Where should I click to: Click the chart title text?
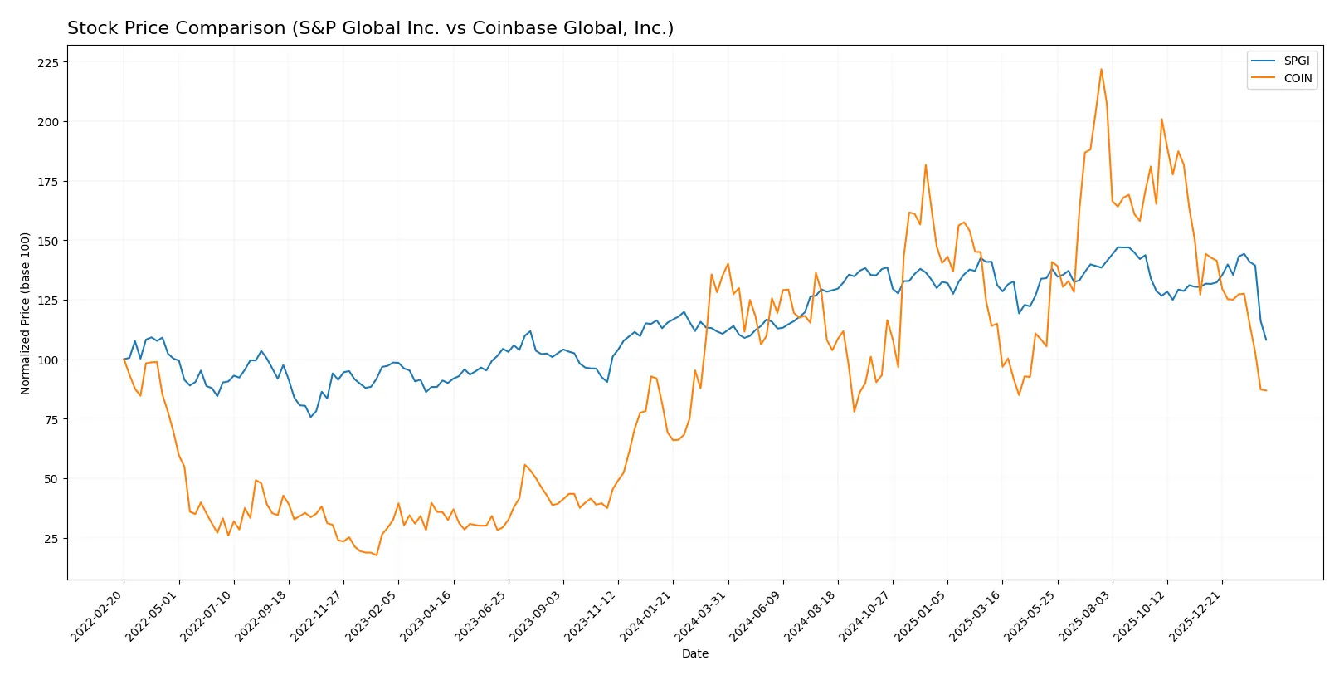[x=370, y=28]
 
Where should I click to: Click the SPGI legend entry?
[x=1296, y=61]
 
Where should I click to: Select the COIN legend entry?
[x=1298, y=78]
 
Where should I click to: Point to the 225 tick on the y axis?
[x=48, y=63]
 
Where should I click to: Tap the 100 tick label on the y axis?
[x=48, y=360]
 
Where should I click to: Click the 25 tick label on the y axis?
[x=51, y=539]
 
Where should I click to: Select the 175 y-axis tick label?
[x=48, y=182]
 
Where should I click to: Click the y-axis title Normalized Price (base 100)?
[x=26, y=313]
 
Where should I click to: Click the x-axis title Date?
[x=694, y=653]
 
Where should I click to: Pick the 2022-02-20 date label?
[x=98, y=616]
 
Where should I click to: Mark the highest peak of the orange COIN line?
[x=1101, y=69]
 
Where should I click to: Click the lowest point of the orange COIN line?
[x=377, y=555]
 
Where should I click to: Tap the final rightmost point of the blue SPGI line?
[x=1266, y=340]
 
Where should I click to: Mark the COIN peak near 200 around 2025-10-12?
[x=1161, y=119]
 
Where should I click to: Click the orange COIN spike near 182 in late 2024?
[x=926, y=164]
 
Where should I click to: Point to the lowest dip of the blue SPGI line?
[x=311, y=417]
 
